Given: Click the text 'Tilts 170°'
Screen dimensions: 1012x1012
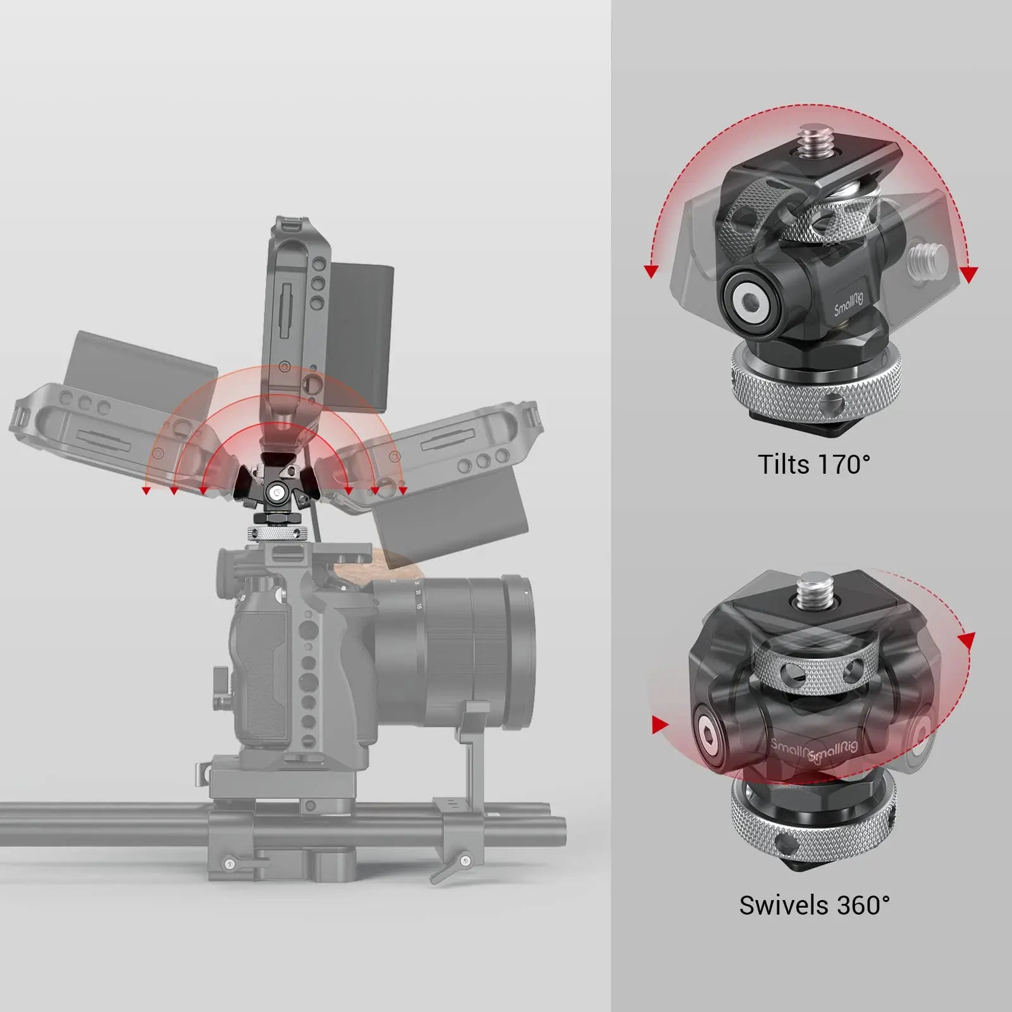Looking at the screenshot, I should [813, 465].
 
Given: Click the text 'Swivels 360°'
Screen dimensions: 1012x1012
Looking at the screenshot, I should [814, 905].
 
